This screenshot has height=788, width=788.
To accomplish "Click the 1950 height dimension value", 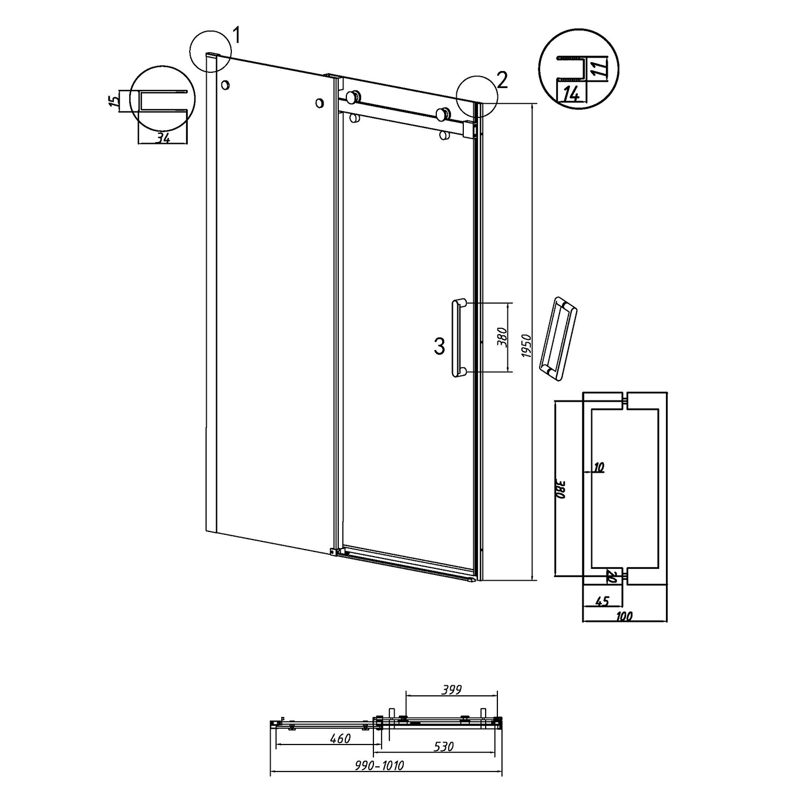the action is (527, 346).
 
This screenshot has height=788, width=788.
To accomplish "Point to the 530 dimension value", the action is (443, 746).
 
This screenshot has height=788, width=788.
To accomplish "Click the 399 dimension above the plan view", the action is (451, 689).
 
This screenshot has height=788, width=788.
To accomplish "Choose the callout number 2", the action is (502, 80).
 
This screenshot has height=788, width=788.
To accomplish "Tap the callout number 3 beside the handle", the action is (439, 347).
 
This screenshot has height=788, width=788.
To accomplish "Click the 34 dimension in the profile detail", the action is (163, 138).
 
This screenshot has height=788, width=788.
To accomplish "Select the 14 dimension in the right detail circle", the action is (571, 95).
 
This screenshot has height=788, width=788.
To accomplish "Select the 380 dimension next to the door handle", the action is (503, 338).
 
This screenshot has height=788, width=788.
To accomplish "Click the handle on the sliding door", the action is (459, 338).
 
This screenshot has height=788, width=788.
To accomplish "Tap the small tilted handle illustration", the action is (558, 339).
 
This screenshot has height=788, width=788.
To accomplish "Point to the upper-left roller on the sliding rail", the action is (352, 97).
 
